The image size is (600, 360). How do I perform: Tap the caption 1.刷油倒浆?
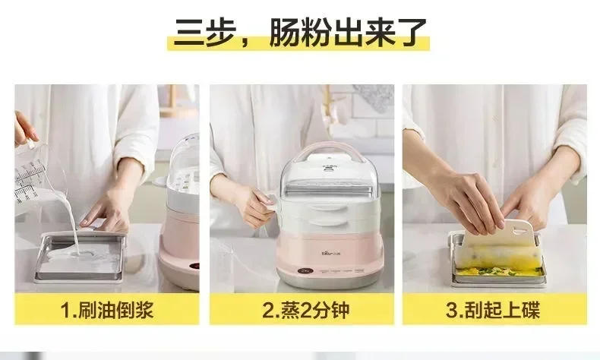[x=106, y=310]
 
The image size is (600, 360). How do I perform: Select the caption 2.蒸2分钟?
[x=302, y=310]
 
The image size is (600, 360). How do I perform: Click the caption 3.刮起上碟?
[x=494, y=310]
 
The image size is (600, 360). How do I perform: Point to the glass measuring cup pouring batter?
[x=36, y=175]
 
